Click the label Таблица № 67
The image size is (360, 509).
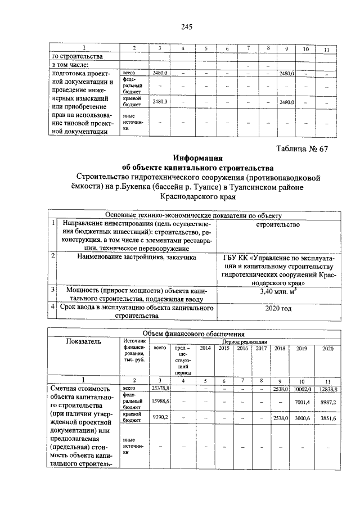[x=303, y=148]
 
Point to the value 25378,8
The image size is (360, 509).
[x=161, y=389]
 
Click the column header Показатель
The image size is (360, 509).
[x=84, y=341]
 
